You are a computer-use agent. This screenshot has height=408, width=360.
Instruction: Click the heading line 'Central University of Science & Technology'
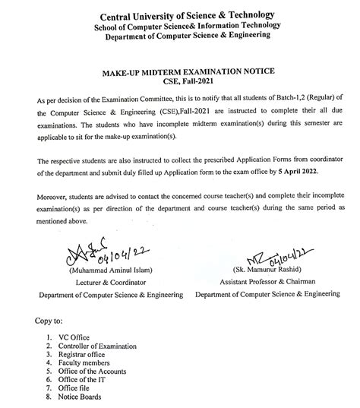[x=181, y=16]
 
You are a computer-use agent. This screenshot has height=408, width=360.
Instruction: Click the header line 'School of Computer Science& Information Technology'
[x=181, y=27]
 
